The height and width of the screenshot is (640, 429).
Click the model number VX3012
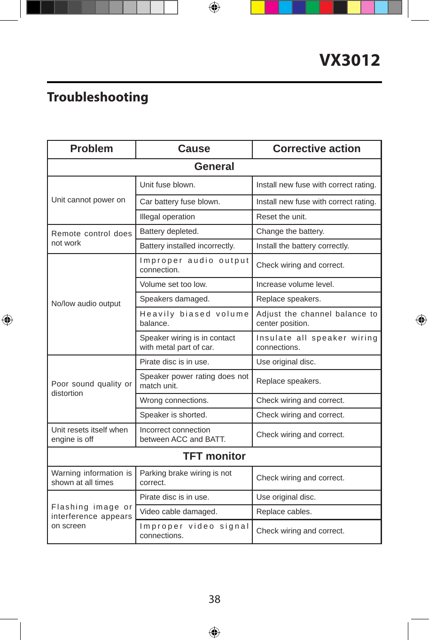(x=350, y=60)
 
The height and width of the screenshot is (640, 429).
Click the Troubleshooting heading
(x=98, y=97)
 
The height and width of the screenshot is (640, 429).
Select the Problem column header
(x=92, y=149)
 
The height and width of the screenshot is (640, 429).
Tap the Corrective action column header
(x=317, y=149)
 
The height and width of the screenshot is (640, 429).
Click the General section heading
(x=214, y=167)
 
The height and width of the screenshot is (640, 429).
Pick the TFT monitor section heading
(x=214, y=456)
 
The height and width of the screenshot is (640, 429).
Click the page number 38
(x=214, y=599)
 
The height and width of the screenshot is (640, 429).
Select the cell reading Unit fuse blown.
(x=168, y=185)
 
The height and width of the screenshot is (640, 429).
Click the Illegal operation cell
(x=167, y=217)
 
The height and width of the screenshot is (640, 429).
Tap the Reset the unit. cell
(x=281, y=217)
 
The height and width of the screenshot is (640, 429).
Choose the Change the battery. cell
(x=290, y=231)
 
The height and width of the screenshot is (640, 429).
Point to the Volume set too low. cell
(x=173, y=285)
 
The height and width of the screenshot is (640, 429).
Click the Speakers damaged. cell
(x=175, y=299)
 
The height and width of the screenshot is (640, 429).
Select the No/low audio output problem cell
(x=86, y=304)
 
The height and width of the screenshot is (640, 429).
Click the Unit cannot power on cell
(x=88, y=200)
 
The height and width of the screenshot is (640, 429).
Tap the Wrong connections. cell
(x=174, y=401)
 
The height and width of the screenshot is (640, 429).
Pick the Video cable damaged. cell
(x=179, y=512)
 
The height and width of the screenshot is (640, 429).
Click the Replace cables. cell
(x=284, y=512)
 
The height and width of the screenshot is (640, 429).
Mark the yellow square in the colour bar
(x=258, y=8)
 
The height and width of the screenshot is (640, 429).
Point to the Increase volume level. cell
(x=295, y=285)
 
